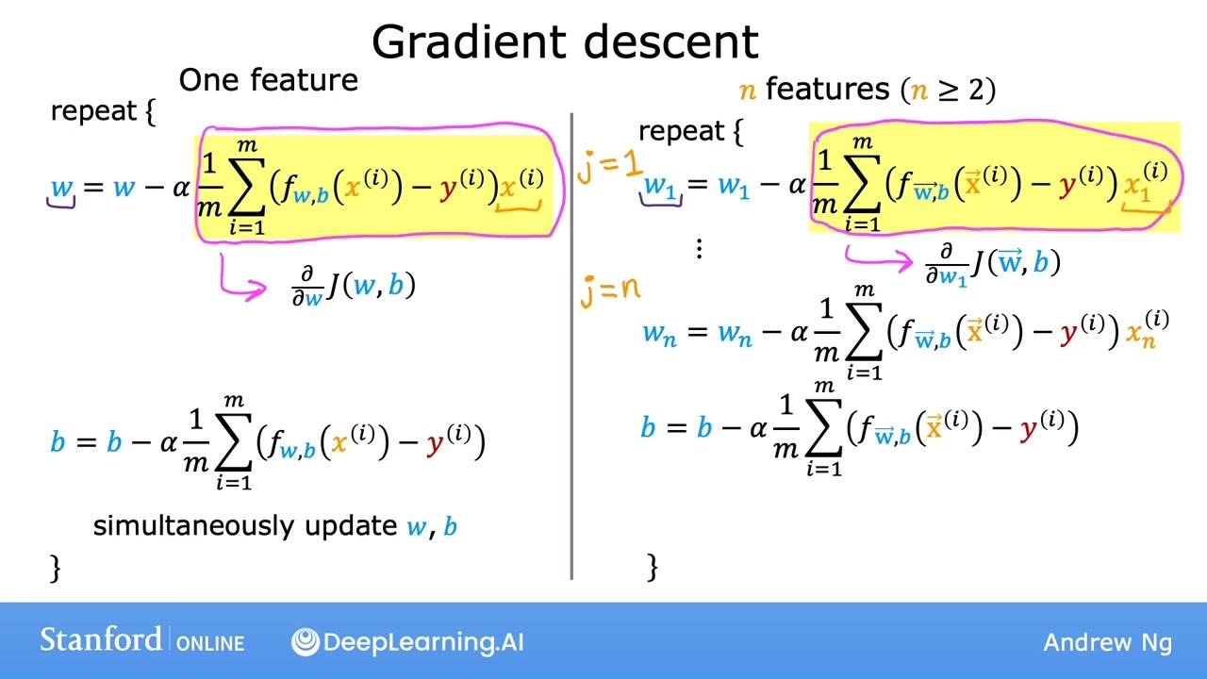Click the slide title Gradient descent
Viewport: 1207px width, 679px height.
565,41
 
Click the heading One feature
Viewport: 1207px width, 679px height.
268,80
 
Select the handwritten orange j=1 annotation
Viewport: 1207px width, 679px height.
609,167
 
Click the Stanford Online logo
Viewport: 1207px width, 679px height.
141,641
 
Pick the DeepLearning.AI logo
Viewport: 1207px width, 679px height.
407,642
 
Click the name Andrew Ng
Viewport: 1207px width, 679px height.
1107,643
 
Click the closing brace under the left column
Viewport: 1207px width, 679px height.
56,567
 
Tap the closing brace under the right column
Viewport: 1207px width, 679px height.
653,566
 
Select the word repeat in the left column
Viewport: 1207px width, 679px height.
93,111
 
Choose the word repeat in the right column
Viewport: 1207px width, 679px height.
681,131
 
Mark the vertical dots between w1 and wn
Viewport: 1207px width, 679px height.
699,249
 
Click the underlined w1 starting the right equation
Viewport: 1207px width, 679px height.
660,187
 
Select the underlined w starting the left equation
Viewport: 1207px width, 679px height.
61,187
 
